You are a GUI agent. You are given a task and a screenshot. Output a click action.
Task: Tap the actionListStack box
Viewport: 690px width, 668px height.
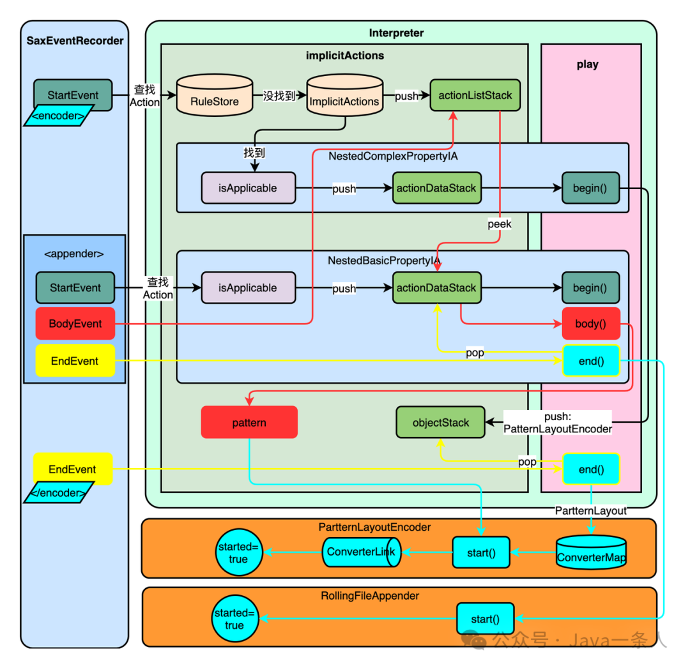click(475, 95)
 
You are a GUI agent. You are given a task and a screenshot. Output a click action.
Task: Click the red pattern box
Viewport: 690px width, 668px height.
click(249, 422)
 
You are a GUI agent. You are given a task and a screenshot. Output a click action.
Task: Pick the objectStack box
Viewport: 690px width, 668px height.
click(441, 422)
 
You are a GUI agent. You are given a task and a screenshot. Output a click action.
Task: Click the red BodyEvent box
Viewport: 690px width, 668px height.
click(75, 324)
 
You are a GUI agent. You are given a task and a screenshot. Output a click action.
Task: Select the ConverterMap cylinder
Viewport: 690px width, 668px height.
click(591, 552)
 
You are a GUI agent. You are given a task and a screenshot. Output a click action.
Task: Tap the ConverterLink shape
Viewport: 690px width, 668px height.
click(361, 552)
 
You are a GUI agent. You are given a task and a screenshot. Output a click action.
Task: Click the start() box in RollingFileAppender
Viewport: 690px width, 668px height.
click(485, 619)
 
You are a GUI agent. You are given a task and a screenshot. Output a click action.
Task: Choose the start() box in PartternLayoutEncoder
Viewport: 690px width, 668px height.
click(481, 552)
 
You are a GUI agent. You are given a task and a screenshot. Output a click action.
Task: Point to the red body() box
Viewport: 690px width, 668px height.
click(590, 324)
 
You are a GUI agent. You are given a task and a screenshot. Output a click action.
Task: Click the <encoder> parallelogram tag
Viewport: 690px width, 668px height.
click(59, 116)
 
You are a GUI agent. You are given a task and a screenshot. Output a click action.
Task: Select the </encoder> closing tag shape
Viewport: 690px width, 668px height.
click(59, 493)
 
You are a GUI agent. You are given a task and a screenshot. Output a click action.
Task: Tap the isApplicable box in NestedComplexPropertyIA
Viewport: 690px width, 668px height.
click(248, 188)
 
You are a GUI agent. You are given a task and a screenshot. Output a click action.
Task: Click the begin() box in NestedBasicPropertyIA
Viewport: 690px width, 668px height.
click(590, 288)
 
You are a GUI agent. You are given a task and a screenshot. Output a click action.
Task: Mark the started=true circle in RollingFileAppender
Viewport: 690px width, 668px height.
click(234, 619)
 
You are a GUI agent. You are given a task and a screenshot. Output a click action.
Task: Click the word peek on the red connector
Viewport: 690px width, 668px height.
click(500, 224)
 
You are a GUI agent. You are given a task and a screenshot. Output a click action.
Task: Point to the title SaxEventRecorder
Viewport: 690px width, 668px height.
click(75, 41)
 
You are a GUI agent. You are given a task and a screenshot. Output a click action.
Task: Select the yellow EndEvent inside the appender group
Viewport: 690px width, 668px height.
click(75, 361)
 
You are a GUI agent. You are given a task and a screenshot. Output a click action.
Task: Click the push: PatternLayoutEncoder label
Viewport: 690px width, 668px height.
click(558, 423)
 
